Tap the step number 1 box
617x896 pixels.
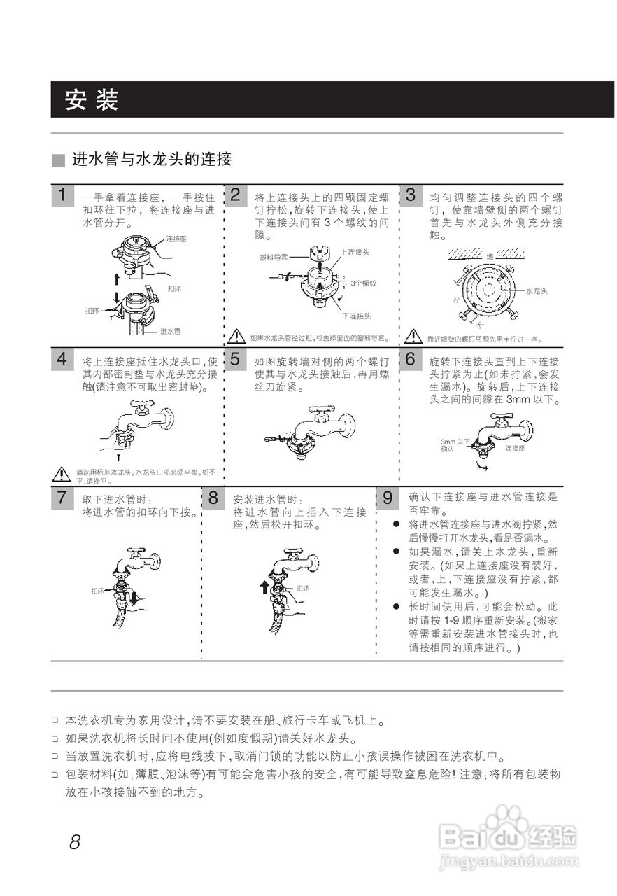[62, 195]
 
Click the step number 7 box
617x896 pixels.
[62, 498]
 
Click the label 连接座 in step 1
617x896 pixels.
[176, 239]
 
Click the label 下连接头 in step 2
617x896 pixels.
[356, 316]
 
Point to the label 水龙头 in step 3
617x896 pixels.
[536, 290]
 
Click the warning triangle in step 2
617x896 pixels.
[237, 337]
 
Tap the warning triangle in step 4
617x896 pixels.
[63, 474]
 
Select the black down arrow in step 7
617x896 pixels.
[134, 597]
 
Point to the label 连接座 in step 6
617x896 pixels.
[515, 447]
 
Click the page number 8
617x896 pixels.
[75, 841]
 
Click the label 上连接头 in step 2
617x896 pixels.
[355, 251]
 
